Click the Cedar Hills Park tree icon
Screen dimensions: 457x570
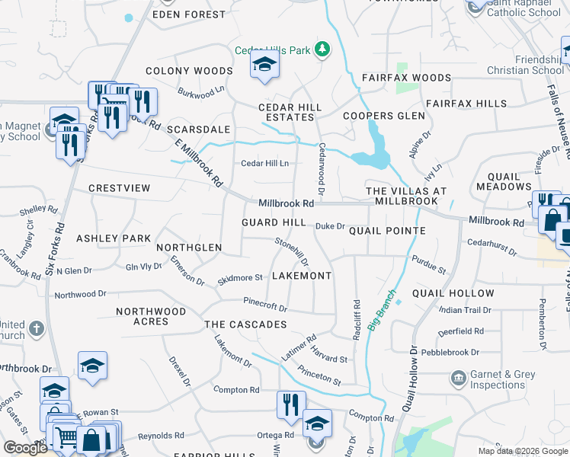[322, 50]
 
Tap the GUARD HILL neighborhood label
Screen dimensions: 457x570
[274, 222]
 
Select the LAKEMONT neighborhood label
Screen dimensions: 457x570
[302, 275]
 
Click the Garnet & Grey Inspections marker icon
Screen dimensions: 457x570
[458, 378]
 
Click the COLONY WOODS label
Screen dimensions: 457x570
[189, 71]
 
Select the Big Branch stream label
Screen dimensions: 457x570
[383, 310]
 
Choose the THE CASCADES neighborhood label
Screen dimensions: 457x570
[245, 324]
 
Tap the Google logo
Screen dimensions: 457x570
[25, 448]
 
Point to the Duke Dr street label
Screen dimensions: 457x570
[330, 226]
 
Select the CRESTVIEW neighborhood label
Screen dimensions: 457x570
[119, 187]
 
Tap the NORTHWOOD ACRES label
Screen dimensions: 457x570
[151, 316]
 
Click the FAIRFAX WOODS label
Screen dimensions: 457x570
[406, 78]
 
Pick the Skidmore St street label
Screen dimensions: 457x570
[240, 278]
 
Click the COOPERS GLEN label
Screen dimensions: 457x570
[383, 116]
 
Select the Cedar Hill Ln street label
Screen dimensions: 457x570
[264, 163]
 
